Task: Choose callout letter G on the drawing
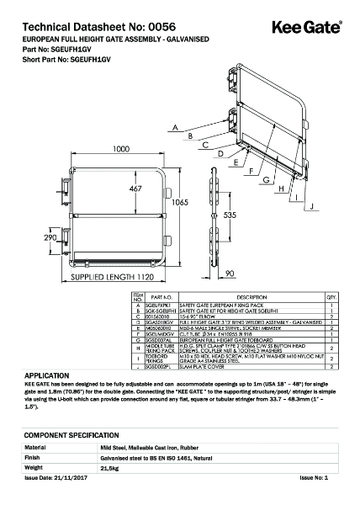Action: (x=265, y=180)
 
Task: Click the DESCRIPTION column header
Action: (x=251, y=297)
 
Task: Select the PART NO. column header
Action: (x=161, y=297)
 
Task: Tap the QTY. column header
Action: (x=331, y=297)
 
